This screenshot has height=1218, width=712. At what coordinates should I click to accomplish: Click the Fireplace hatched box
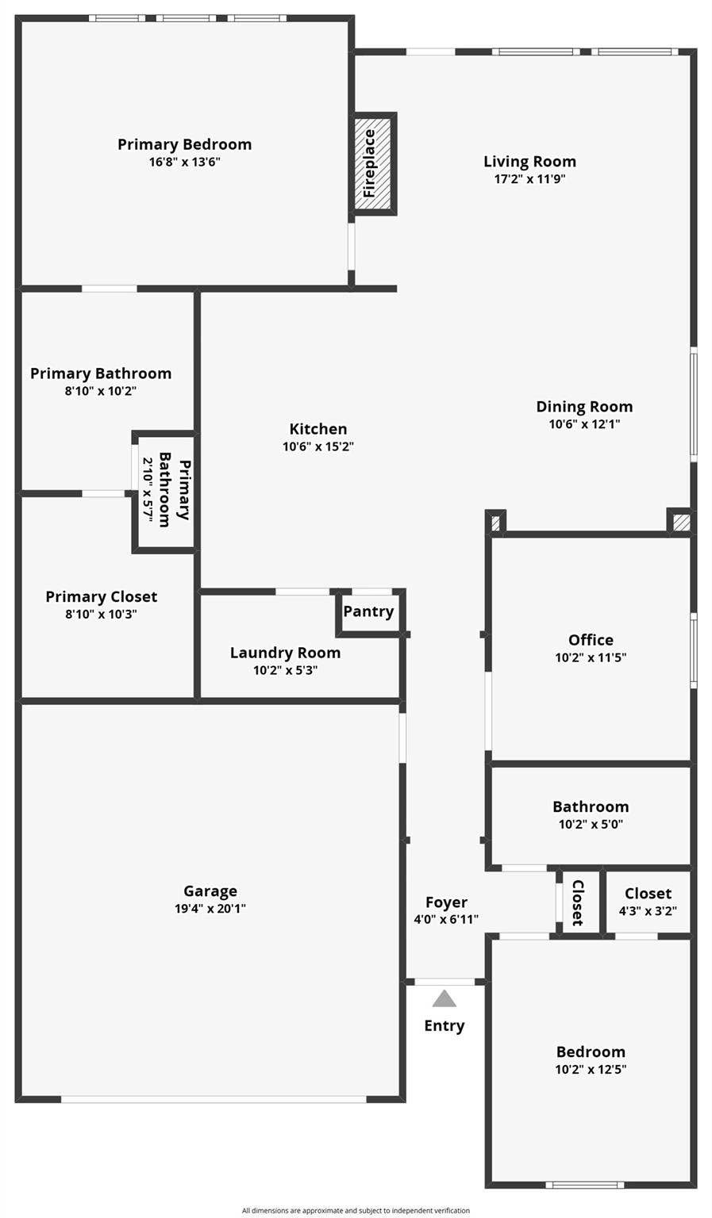pos(373,163)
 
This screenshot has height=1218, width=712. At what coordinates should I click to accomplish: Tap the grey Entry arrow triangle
pos(445,998)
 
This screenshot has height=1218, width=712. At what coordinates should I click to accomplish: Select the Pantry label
pos(368,611)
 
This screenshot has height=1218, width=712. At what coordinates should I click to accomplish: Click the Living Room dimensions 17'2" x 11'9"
pos(529,179)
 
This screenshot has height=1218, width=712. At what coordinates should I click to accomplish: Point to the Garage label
pos(210,891)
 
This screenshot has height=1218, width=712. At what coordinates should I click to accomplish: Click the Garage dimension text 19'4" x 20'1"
pos(210,909)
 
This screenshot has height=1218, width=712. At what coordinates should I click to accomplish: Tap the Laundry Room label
pos(285,653)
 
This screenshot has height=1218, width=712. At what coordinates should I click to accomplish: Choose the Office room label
pos(591,640)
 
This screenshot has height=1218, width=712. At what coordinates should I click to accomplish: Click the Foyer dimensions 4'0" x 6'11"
pos(446,920)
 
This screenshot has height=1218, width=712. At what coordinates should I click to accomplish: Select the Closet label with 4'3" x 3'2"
pos(648,894)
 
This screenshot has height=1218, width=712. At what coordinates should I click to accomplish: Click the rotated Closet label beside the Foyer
pos(578,902)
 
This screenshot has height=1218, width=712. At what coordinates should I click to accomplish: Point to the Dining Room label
pos(584,407)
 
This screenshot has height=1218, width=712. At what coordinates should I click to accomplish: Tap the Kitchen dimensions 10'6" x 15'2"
pos(318,446)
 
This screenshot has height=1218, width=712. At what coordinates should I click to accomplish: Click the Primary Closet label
pos(102,596)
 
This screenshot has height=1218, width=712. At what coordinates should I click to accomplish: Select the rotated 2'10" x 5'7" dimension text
pos(147,488)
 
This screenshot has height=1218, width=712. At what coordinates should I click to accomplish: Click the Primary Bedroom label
pos(184,144)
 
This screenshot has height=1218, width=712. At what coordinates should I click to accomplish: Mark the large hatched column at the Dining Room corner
pos(681,523)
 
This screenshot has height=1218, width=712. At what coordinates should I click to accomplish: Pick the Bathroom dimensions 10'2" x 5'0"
pos(591,824)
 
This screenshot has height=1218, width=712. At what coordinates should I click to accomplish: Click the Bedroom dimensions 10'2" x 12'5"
pos(591,1069)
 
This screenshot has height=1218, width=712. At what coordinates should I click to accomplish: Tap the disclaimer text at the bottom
pos(356,1210)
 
